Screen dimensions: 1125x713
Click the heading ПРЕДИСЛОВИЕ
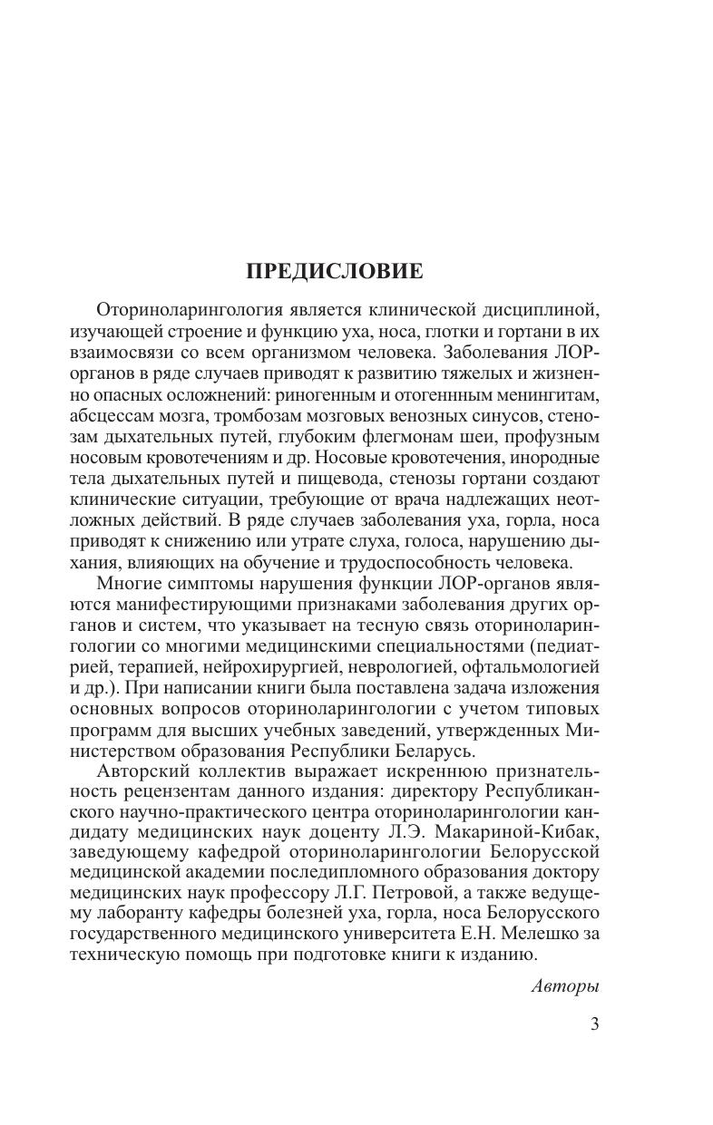pos(335,271)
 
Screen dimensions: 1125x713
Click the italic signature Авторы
pos(565,986)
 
